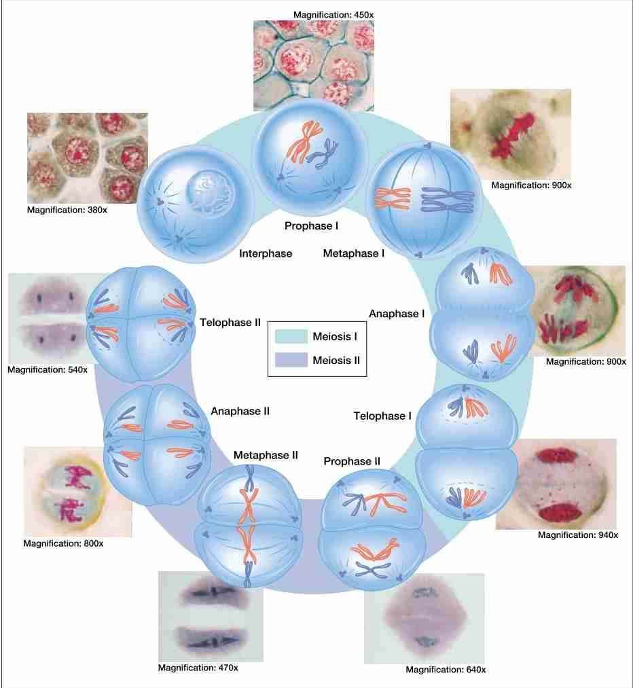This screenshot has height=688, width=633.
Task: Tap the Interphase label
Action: tap(266, 253)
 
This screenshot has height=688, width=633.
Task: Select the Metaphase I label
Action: tap(354, 253)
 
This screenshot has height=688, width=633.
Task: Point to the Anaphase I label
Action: tap(397, 314)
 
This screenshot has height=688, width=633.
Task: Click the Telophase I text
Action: tap(383, 416)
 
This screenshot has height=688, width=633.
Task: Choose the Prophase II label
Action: tap(352, 462)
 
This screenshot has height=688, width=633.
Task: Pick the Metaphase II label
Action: tap(266, 455)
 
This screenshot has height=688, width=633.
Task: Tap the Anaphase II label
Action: tap(240, 411)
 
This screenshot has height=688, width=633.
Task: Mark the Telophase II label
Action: tap(231, 322)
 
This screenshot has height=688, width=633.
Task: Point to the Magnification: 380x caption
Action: tap(67, 210)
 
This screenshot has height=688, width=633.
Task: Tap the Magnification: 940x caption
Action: tap(578, 535)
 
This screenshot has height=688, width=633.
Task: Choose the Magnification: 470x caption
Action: tap(198, 668)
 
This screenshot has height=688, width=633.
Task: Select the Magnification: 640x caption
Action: tap(446, 670)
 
